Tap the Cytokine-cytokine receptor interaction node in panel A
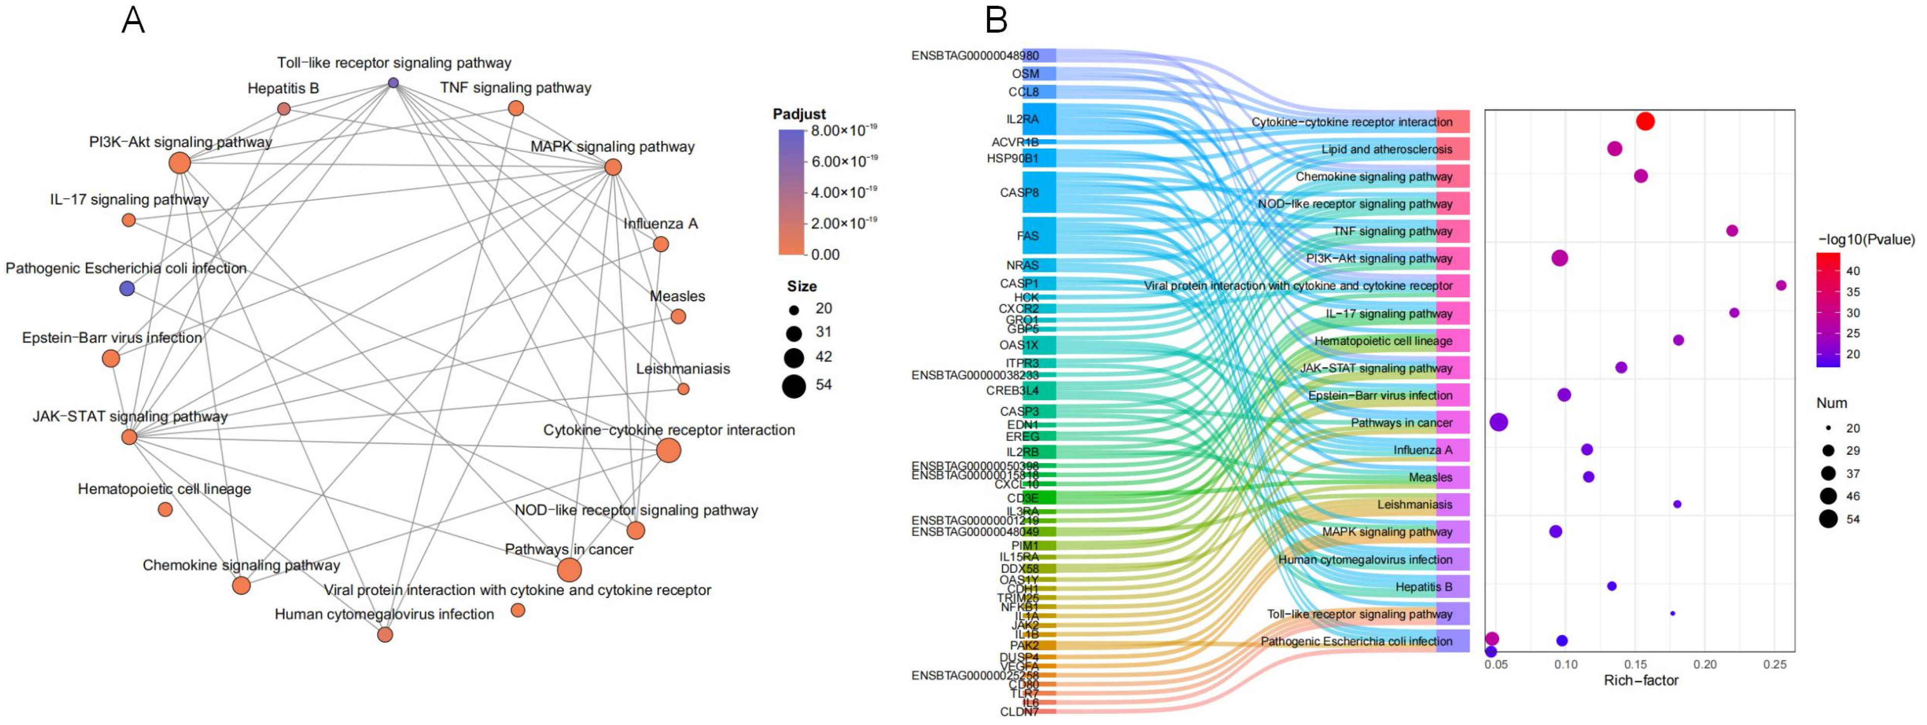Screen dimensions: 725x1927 [669, 450]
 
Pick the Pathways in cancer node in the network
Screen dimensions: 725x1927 [569, 570]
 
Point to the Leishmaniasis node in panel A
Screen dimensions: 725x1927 [683, 389]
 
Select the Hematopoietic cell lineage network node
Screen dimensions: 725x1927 [165, 509]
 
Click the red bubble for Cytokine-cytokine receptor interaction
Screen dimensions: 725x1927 [1645, 121]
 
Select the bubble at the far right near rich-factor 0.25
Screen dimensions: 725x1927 [1781, 285]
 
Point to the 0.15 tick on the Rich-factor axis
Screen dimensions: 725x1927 [1635, 664]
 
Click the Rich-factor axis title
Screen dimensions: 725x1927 [1641, 681]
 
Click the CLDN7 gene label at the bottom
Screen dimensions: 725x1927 [1019, 712]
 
